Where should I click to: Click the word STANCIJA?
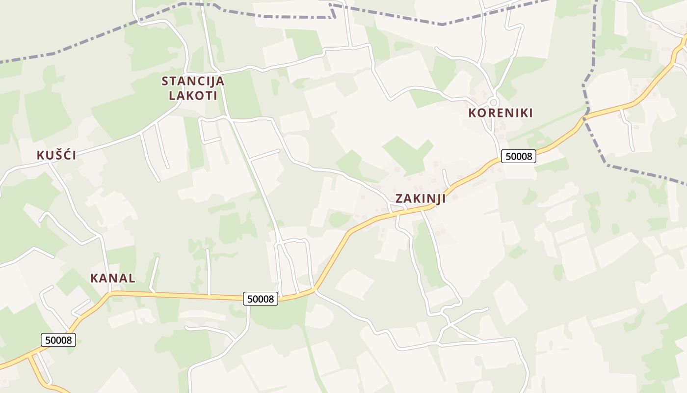[x=193, y=81]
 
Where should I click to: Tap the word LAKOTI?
[x=193, y=95]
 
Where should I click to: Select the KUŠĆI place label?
[x=56, y=156]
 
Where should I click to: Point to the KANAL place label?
[x=113, y=278]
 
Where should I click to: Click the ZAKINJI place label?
[x=421, y=198]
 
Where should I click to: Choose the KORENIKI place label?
[x=501, y=113]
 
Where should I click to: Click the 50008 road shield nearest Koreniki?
[x=519, y=157]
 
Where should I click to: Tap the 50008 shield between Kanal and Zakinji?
[x=261, y=298]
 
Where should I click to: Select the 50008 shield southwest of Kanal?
[x=58, y=339]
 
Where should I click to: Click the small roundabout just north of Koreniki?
[x=494, y=102]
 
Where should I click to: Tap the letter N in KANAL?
[x=111, y=278]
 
